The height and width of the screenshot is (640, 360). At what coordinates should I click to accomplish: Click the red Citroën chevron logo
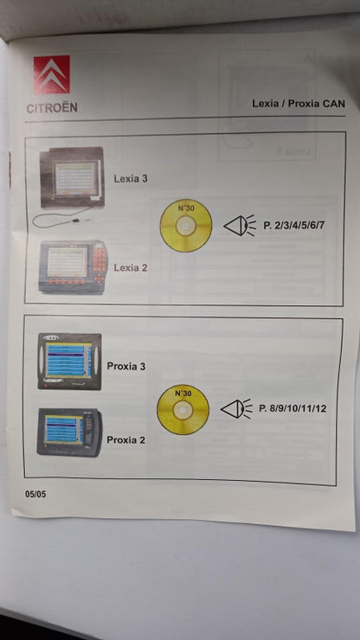click(51, 74)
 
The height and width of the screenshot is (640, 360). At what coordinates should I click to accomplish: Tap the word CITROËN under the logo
click(52, 108)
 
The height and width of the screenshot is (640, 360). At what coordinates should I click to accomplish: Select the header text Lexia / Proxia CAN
click(299, 103)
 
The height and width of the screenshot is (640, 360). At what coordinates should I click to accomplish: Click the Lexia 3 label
click(131, 179)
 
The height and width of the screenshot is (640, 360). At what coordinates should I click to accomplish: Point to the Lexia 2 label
click(131, 268)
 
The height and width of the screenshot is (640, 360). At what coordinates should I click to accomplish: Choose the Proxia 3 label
click(125, 366)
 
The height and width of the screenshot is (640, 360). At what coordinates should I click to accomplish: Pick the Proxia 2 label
click(125, 440)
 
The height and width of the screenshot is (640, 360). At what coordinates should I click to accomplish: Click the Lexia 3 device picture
click(72, 177)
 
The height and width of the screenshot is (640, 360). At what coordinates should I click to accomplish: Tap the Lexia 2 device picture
click(73, 266)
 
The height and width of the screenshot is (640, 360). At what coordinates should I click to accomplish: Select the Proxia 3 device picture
click(69, 362)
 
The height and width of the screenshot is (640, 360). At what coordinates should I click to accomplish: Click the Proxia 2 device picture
click(69, 432)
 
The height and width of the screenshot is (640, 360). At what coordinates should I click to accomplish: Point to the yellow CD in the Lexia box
click(186, 226)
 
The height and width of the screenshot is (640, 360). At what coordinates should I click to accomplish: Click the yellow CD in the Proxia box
click(183, 409)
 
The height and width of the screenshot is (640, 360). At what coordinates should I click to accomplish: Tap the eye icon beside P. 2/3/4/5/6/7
click(240, 226)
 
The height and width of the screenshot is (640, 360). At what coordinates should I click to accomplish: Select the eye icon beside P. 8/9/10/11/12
click(237, 409)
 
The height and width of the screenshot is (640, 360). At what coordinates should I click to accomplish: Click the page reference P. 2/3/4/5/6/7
click(294, 225)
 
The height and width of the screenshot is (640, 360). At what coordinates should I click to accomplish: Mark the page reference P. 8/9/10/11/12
click(292, 408)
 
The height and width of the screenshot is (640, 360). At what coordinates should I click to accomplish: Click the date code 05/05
click(35, 495)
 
